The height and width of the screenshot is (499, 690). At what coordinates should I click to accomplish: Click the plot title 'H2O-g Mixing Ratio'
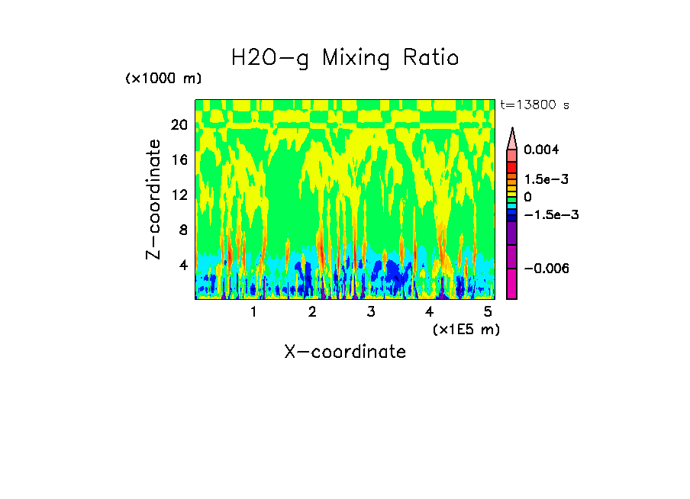pyautogui.click(x=345, y=58)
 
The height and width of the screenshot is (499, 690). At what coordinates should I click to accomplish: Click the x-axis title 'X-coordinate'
pyautogui.click(x=345, y=352)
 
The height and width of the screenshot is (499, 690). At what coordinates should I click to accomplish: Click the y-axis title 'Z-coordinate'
pyautogui.click(x=155, y=199)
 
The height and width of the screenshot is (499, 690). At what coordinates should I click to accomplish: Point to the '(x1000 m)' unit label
pyautogui.click(x=163, y=79)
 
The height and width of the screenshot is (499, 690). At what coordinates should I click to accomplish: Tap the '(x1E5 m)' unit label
pyautogui.click(x=466, y=329)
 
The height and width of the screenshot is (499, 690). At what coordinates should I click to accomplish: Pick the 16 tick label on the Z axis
pyautogui.click(x=179, y=159)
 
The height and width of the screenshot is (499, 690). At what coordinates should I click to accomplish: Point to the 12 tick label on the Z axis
pyautogui.click(x=179, y=195)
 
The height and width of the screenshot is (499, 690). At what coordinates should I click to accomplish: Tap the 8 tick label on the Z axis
pyautogui.click(x=182, y=230)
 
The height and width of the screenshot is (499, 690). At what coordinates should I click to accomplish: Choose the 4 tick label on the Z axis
pyautogui.click(x=182, y=265)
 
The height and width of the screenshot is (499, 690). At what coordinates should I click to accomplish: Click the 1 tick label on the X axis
pyautogui.click(x=253, y=312)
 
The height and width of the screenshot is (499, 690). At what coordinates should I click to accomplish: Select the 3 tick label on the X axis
pyautogui.click(x=370, y=312)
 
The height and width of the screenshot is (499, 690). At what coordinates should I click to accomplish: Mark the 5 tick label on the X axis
pyautogui.click(x=488, y=312)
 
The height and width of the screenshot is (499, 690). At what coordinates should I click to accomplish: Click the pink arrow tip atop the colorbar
pyautogui.click(x=512, y=137)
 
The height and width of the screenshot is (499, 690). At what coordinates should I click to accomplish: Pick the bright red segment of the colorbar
pyautogui.click(x=512, y=166)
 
